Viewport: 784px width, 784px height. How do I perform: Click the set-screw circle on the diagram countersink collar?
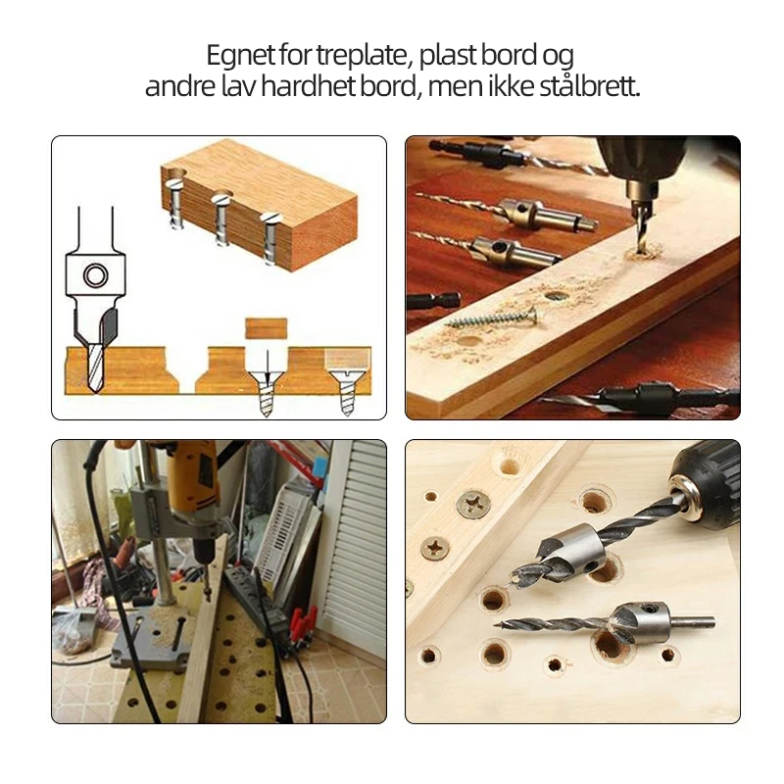(95, 275)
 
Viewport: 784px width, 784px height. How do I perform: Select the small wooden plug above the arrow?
(267, 328)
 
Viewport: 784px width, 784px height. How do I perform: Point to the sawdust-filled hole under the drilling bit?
(644, 253)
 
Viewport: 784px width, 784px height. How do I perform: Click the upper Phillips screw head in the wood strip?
(473, 505)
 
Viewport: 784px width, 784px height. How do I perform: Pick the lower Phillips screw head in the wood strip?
(435, 549)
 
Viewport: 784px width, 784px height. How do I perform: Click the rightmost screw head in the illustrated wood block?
(270, 218)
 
